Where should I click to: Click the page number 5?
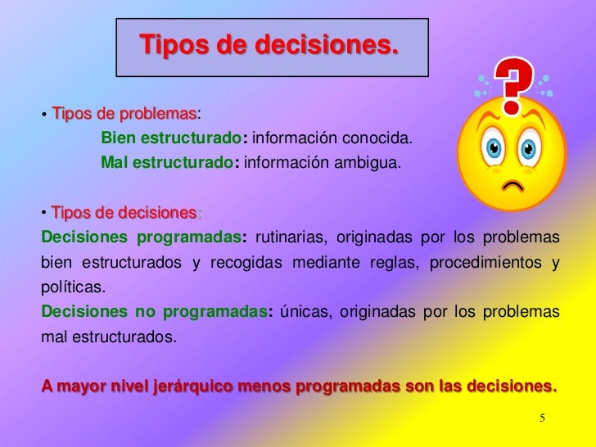[x=541, y=418]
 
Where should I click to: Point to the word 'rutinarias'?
[x=286, y=238]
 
